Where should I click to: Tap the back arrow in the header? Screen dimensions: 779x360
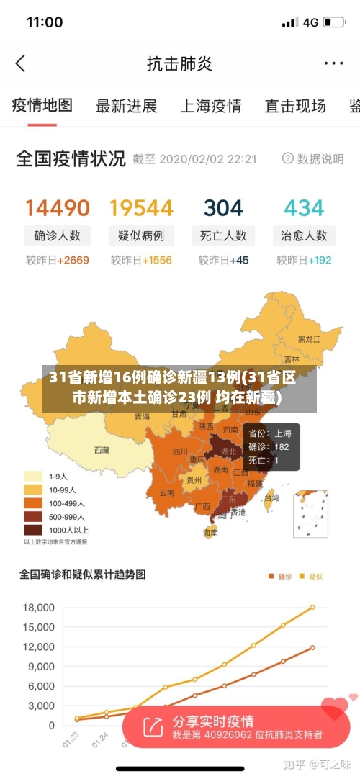pos(20,63)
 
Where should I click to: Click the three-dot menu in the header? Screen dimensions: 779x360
pos(333,63)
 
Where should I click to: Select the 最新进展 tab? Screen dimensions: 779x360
pos(126,107)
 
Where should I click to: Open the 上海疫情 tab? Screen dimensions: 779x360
pos(210,107)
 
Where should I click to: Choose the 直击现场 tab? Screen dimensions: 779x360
pos(294,107)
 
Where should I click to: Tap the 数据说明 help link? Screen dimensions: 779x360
pos(313,159)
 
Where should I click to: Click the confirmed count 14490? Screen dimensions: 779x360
pos(58,208)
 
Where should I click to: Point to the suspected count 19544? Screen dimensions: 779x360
pos(141,208)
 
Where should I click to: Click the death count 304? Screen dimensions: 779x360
pos(223,208)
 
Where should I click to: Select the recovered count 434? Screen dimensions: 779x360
pos(304,208)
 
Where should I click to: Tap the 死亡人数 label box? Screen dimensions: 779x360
pos(223,235)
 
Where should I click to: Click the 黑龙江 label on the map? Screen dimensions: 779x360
pos(309,338)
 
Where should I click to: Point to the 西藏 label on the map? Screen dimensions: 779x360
pos(102,450)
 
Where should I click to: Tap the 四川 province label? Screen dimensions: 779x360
pos(180,452)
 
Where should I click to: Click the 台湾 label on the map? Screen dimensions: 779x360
pos(271,497)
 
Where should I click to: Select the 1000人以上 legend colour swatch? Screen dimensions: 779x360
pos(33,530)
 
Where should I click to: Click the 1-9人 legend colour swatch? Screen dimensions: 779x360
pos(33,476)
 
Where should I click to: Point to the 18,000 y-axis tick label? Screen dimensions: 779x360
pos(39,608)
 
